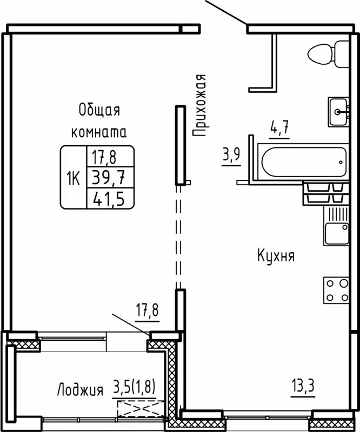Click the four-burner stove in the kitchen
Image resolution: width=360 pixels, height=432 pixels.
[x=336, y=290]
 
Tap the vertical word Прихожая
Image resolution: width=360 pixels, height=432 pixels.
[x=201, y=105]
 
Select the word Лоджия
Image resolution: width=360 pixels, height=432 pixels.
[x=80, y=389]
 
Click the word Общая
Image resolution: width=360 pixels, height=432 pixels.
[x=99, y=110]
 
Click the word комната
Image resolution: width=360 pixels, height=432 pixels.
[x=99, y=132]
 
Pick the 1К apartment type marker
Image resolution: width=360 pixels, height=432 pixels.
[x=73, y=178]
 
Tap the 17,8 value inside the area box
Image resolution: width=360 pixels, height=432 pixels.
[x=104, y=157]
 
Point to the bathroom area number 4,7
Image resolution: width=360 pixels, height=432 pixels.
[x=279, y=129]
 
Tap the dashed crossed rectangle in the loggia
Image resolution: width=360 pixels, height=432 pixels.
[x=137, y=408]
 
